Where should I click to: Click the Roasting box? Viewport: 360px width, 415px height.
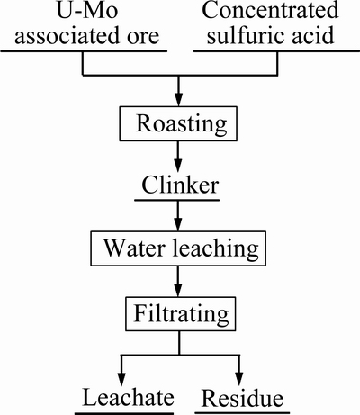pyautogui.click(x=178, y=123)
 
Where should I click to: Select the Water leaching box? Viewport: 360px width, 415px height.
pyautogui.click(x=178, y=248)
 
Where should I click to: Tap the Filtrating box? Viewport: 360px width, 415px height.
pyautogui.click(x=180, y=314)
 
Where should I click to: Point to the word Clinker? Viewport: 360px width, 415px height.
pyautogui.click(x=180, y=185)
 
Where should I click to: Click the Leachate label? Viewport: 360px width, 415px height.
pyautogui.click(x=128, y=397)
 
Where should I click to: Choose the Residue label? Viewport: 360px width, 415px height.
pyautogui.click(x=242, y=398)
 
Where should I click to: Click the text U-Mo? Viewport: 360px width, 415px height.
pyautogui.click(x=87, y=10)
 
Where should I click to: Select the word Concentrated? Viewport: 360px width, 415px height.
pyautogui.click(x=270, y=10)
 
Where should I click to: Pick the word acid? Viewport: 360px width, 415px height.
pyautogui.click(x=311, y=35)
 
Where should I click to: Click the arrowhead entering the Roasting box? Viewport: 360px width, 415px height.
pyautogui.click(x=178, y=99)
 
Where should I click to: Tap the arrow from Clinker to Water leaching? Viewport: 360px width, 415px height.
pyautogui.click(x=178, y=215)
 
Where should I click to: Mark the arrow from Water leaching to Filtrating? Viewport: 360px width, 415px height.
pyautogui.click(x=178, y=282)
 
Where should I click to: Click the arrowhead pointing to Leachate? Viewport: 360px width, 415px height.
pyautogui.click(x=121, y=379)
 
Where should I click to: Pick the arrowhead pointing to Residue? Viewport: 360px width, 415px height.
pyautogui.click(x=239, y=379)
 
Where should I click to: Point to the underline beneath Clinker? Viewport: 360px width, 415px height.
pyautogui.click(x=177, y=200)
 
